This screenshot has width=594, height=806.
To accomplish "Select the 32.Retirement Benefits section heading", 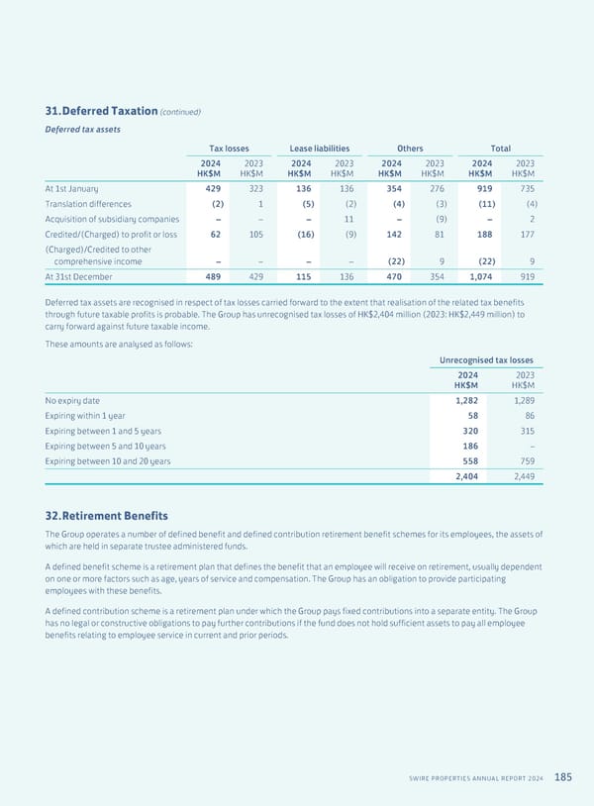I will click(106, 516).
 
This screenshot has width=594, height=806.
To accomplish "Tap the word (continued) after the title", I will click(180, 111).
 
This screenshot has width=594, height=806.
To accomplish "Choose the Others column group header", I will click(409, 148).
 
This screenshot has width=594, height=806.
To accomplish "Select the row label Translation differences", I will click(94, 203).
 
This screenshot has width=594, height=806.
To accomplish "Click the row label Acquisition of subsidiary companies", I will click(112, 219).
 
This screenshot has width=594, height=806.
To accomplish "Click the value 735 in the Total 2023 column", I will click(527, 188).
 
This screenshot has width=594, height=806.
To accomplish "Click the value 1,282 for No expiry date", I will click(465, 400).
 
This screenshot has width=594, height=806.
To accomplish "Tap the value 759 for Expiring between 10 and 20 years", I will click(524, 461).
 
